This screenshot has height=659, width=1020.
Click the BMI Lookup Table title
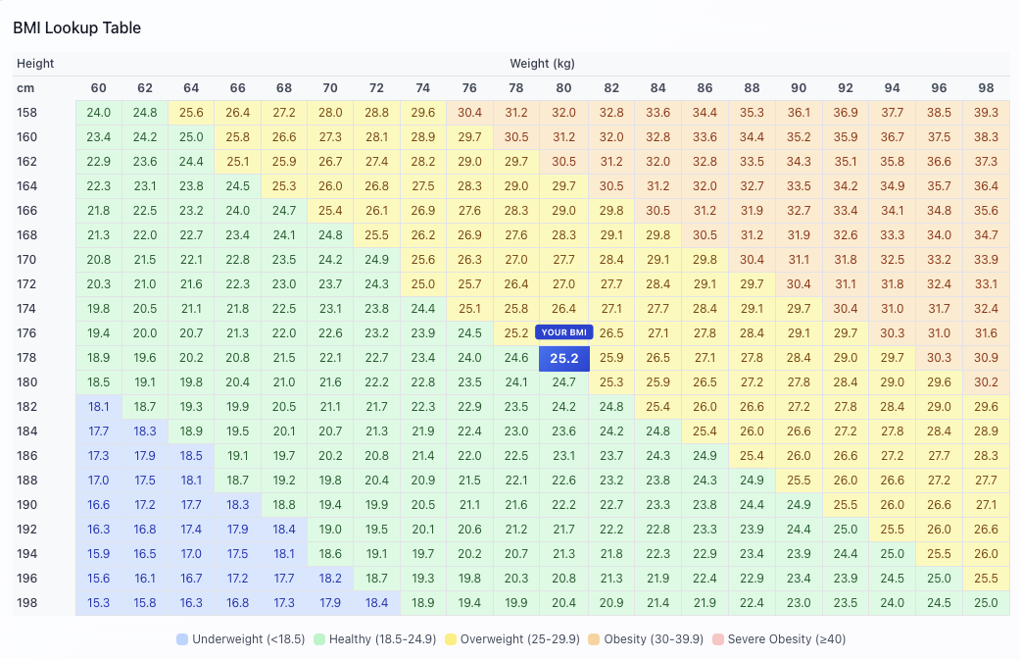click(76, 27)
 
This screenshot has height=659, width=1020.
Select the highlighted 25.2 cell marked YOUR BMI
click(563, 359)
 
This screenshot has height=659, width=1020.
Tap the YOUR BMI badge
click(563, 332)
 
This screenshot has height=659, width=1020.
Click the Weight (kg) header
click(542, 64)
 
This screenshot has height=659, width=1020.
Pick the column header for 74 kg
click(422, 88)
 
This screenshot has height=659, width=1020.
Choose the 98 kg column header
click(986, 88)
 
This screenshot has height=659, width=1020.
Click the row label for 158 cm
click(26, 113)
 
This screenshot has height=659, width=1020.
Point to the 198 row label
click(26, 603)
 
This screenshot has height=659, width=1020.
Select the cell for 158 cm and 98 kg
click(986, 113)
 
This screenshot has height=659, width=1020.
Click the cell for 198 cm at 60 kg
click(98, 603)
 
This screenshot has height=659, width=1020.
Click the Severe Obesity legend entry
click(776, 639)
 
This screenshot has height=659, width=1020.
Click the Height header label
click(35, 64)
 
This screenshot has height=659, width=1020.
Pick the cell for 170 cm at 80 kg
click(563, 260)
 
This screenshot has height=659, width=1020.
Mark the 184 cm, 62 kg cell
click(145, 431)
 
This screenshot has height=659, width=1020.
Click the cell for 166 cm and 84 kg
click(657, 211)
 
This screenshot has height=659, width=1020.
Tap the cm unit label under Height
click(24, 88)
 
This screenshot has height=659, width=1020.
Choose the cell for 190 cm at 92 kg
click(845, 505)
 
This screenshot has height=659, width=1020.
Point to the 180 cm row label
click(26, 382)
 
